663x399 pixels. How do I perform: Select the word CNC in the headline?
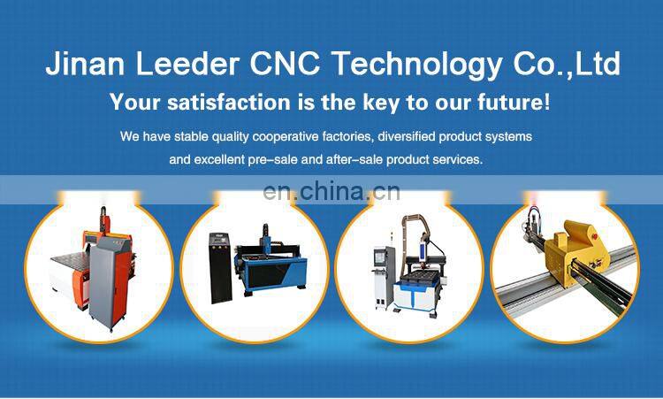pos(278,64)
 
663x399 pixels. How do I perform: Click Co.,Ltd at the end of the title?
pos(563,64)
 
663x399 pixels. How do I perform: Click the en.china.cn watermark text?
pos(331,191)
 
